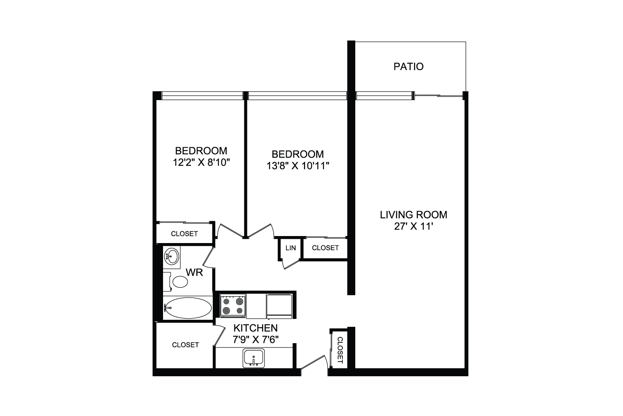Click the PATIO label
(408, 67)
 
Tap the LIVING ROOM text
(414, 215)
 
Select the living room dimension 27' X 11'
(414, 226)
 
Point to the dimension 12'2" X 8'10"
(201, 162)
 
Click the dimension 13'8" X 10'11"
(298, 166)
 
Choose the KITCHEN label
(256, 328)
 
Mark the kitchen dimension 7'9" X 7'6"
(256, 339)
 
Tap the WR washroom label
(194, 272)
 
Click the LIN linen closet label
(291, 248)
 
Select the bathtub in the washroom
(188, 308)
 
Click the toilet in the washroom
(177, 282)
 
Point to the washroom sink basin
(172, 257)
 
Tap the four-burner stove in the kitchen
(233, 305)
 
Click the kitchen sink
(254, 358)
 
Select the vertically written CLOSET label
(340, 350)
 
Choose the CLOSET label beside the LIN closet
(325, 248)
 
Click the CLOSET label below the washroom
(185, 345)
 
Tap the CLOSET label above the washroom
(184, 234)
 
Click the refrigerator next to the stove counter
(279, 306)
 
